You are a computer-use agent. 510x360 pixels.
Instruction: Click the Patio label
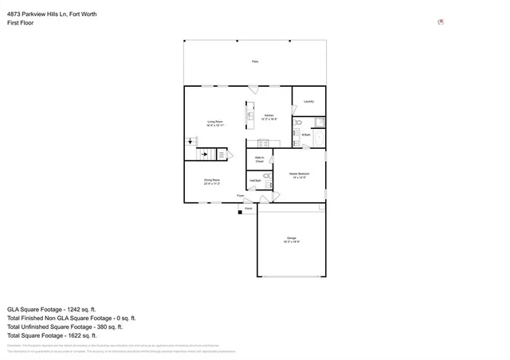(255, 61)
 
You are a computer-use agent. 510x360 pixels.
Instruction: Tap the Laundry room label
(308, 101)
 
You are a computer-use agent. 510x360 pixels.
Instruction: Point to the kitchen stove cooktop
(263, 143)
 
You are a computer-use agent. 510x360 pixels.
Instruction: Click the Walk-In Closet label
(259, 159)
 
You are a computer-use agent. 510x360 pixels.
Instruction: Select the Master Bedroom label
(299, 174)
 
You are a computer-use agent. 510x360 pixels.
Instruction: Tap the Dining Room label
(212, 181)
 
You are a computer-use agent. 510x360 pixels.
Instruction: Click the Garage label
(291, 239)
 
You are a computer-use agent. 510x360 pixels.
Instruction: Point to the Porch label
(249, 209)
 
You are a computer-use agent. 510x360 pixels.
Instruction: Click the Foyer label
(240, 195)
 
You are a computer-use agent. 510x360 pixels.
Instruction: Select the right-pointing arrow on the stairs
(205, 155)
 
